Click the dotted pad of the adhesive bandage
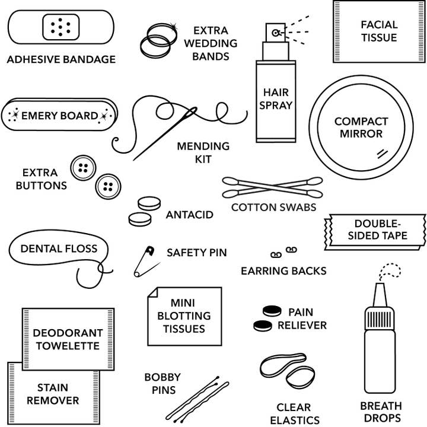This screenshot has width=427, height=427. coord(61,27)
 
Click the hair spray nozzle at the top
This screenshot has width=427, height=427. coord(276,33)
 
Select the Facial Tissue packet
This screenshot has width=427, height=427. coord(378,31)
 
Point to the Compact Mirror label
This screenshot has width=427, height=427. coord(361,128)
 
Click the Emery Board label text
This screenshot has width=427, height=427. coord(59,116)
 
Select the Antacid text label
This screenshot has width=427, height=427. coord(189,215)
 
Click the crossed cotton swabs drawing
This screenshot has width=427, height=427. coord(272,187)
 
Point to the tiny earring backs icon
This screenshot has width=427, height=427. coord(283,253)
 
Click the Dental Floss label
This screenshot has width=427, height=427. coord(59,248)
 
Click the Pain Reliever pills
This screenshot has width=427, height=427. coord(266,318)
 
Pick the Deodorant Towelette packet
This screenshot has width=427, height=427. coord(68,339)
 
